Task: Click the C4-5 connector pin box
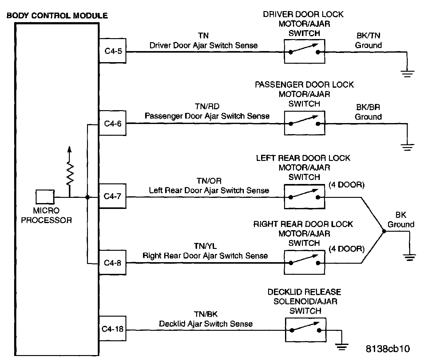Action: pyautogui.click(x=113, y=51)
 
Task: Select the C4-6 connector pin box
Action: pyautogui.click(x=113, y=124)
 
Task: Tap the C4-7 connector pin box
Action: pyautogui.click(x=113, y=196)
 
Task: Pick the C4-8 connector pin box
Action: pyautogui.click(x=113, y=263)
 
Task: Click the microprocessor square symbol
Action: pyautogui.click(x=45, y=197)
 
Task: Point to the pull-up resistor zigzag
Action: pyautogui.click(x=70, y=174)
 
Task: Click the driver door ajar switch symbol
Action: pyautogui.click(x=304, y=51)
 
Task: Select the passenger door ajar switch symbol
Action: pyautogui.click(x=304, y=123)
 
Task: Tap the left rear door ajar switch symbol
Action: pyautogui.click(x=304, y=197)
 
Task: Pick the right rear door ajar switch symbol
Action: pyautogui.click(x=304, y=262)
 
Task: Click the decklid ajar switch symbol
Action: pyautogui.click(x=305, y=330)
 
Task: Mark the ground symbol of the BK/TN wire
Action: pyautogui.click(x=407, y=74)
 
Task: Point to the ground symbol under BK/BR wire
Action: pyautogui.click(x=407, y=147)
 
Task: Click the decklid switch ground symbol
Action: pyautogui.click(x=342, y=346)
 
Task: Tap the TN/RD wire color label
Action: pyautogui.click(x=207, y=106)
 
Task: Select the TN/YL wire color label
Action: pyautogui.click(x=205, y=246)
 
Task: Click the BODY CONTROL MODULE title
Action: pyautogui.click(x=57, y=16)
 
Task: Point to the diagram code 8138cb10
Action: pyautogui.click(x=387, y=349)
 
